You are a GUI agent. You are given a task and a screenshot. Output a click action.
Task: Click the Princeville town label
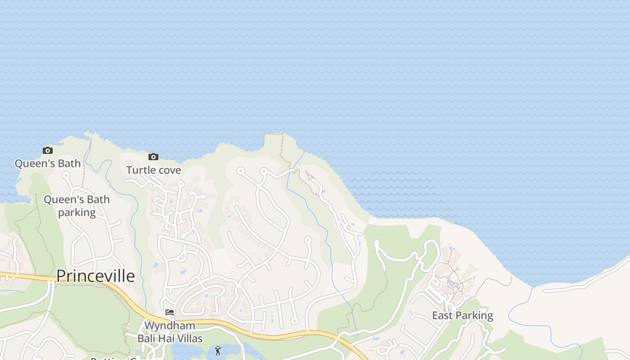tap(95, 276)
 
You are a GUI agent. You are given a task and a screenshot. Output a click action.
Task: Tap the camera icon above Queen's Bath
tap(48, 150)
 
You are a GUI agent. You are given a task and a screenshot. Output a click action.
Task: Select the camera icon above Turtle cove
tap(153, 157)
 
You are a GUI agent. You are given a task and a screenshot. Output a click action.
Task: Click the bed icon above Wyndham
tap(170, 312)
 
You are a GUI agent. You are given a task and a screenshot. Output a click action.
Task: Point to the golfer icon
tap(218, 351)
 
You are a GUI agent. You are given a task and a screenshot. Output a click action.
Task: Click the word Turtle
tap(139, 170)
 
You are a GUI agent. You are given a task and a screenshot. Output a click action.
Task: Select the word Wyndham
tap(170, 325)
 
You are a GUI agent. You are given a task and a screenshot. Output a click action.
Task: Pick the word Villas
tap(189, 338)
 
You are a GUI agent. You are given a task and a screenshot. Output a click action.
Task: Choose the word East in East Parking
tap(442, 315)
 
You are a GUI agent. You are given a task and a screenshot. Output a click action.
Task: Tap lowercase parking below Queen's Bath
tap(77, 212)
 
